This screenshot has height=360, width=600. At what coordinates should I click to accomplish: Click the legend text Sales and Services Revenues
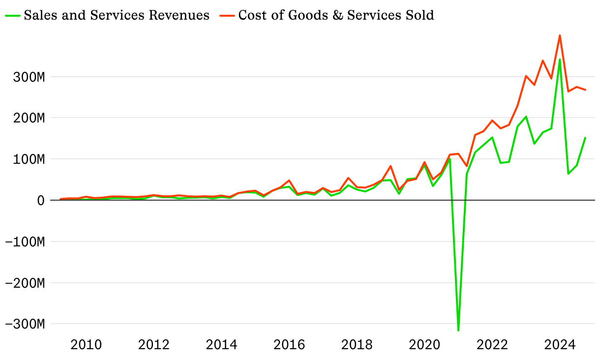point(116,15)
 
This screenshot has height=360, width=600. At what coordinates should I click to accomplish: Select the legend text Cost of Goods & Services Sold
point(336,15)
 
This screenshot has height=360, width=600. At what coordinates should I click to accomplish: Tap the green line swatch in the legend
point(13,15)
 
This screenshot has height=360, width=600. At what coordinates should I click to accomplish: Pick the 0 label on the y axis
point(41,201)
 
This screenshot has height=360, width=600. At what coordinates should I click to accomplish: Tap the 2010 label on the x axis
point(86,344)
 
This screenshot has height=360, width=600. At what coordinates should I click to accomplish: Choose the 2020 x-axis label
point(423,344)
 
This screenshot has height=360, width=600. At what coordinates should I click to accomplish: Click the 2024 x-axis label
point(559,344)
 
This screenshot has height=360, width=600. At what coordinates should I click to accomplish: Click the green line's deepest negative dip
point(458,330)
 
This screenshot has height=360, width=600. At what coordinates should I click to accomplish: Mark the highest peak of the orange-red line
point(560,35)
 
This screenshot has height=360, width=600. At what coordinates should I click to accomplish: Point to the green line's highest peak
point(560,60)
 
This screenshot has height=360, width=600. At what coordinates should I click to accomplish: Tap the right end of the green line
point(585,138)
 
